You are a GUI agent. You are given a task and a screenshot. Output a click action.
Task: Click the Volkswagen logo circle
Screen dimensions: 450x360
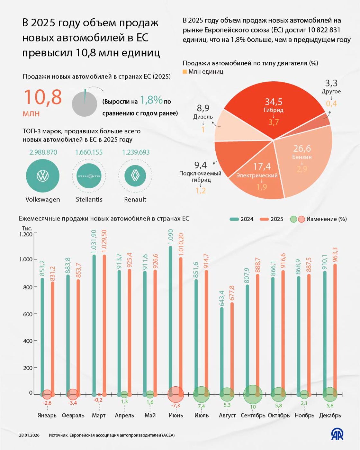pos(43,176)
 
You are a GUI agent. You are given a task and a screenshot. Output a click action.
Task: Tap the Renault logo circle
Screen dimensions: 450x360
pos(135,176)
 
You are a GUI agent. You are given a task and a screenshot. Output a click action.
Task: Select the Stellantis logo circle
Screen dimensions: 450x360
pos(89,176)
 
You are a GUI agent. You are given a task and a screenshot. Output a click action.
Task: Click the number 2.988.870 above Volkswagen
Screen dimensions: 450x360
pos(43,152)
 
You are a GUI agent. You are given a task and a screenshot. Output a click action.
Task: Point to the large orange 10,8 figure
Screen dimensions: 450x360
pos(42,97)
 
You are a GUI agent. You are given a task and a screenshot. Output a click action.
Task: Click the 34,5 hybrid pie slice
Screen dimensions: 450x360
pos(273,109)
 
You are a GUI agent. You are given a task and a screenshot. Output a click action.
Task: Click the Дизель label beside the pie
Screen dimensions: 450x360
pos(203,117)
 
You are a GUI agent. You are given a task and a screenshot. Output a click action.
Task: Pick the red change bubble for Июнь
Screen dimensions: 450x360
pos(175,394)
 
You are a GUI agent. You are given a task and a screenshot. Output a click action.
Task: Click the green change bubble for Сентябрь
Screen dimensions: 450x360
pos(253,394)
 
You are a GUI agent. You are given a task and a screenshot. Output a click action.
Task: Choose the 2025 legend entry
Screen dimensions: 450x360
pos(272,219)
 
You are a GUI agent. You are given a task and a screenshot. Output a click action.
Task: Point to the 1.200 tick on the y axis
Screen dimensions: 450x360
pos(26,234)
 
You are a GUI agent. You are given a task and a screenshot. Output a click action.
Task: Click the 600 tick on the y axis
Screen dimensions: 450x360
pos(28,314)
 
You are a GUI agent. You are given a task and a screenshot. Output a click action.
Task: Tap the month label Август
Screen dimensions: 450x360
pos(227,415)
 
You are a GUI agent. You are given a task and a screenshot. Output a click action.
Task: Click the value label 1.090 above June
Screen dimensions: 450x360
pos(171,237)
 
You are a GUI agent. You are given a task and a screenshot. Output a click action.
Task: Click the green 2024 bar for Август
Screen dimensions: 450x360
pos(222,350)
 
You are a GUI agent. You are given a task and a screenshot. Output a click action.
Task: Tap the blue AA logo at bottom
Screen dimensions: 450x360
pos(337,434)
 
